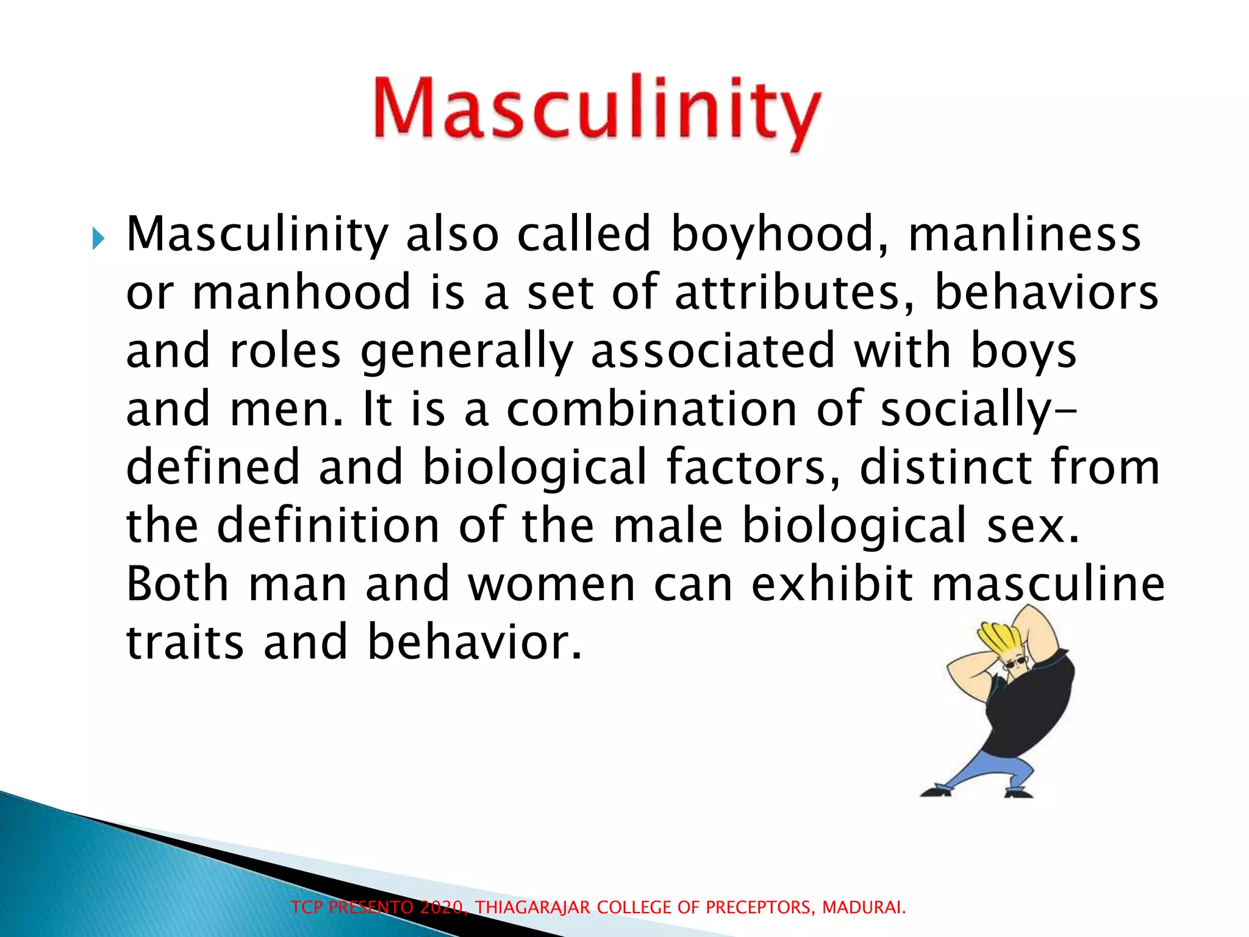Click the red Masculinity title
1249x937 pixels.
point(596,111)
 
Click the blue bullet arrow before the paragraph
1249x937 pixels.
point(98,239)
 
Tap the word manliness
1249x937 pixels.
point(1025,234)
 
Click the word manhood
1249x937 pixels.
point(302,292)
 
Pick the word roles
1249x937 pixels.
point(285,351)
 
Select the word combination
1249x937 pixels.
point(651,409)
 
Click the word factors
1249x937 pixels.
point(754,467)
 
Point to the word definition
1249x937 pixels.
point(328,525)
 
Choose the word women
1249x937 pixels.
point(552,584)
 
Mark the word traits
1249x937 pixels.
point(185,642)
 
